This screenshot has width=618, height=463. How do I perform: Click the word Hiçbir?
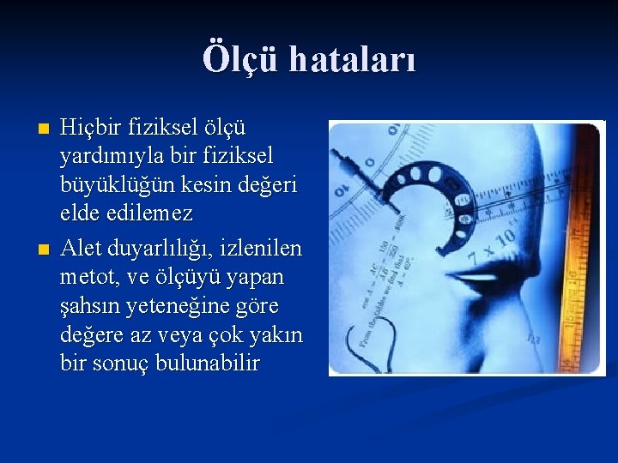[90, 128]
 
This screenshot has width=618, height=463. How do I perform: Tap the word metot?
[87, 278]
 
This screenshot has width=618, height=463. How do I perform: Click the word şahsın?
[91, 306]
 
